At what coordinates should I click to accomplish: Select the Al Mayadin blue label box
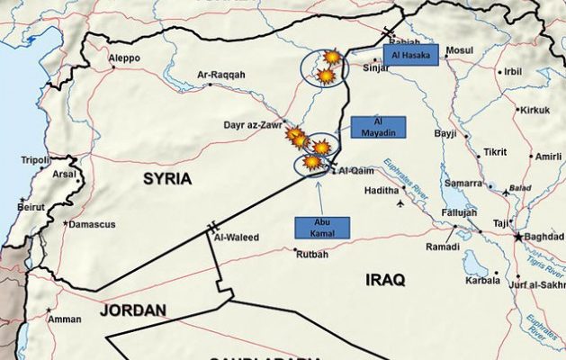point(378,127)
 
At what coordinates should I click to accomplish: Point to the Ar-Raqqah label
point(221,76)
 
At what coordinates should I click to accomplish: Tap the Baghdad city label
point(543,237)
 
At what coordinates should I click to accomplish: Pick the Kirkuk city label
point(535,110)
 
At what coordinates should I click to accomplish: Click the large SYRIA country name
point(167,179)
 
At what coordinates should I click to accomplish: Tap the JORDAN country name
point(134,310)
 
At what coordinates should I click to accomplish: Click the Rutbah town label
point(311,254)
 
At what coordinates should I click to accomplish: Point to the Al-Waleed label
point(237,238)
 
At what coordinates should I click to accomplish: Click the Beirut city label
point(31,206)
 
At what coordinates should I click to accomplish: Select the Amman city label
point(65,319)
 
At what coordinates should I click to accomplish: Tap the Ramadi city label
point(443,246)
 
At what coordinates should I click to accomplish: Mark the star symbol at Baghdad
point(518,236)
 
